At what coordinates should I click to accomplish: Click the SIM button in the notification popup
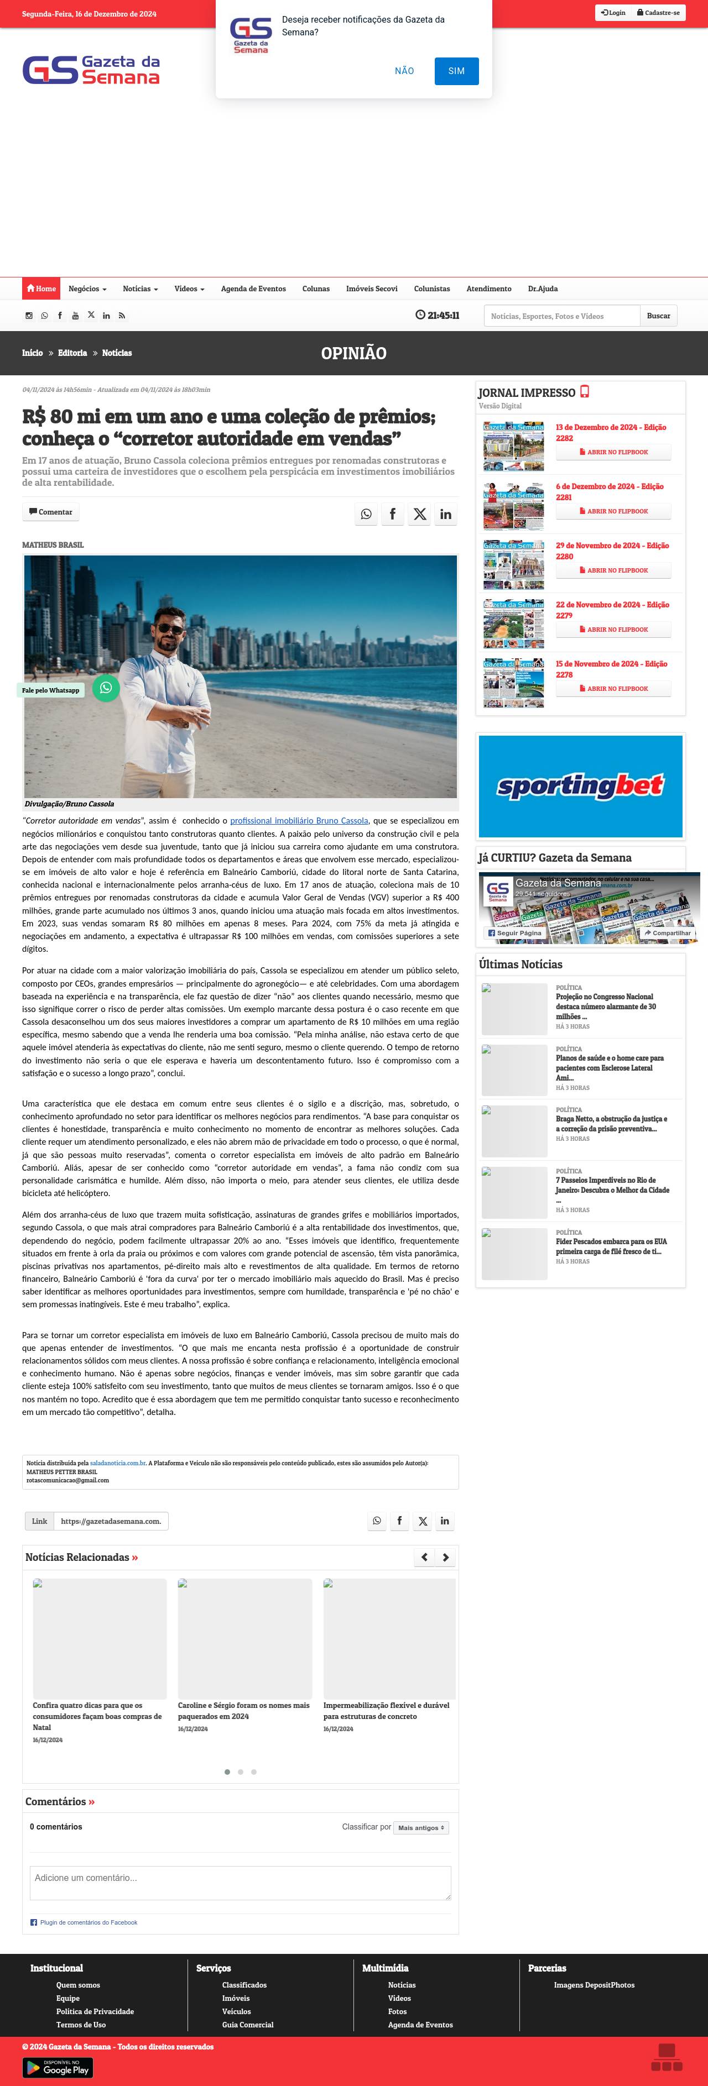456,71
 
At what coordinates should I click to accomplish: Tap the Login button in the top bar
613,13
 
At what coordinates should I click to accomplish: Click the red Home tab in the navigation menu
41,289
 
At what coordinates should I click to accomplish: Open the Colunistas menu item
432,289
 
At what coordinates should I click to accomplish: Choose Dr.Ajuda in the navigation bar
543,289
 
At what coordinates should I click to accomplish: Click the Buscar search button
658,316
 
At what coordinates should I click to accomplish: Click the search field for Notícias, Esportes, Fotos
561,316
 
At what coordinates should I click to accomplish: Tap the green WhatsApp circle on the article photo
106,688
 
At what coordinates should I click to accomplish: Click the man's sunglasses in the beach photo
169,629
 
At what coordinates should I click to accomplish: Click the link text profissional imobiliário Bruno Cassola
299,820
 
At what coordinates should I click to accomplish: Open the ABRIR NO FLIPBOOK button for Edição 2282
613,453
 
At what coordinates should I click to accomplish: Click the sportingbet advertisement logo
580,785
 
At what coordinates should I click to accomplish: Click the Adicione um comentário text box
240,1883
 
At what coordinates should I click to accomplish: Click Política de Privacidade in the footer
95,2011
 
